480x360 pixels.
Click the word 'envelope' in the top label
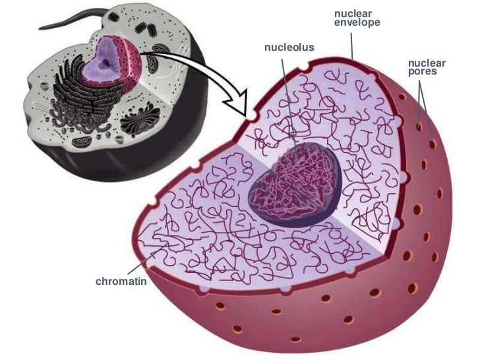[357, 23]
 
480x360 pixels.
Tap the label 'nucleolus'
[289, 47]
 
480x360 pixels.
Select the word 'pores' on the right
[422, 72]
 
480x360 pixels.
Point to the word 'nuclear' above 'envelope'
[353, 14]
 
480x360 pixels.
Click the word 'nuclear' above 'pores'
[427, 63]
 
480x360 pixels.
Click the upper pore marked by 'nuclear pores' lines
[420, 123]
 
